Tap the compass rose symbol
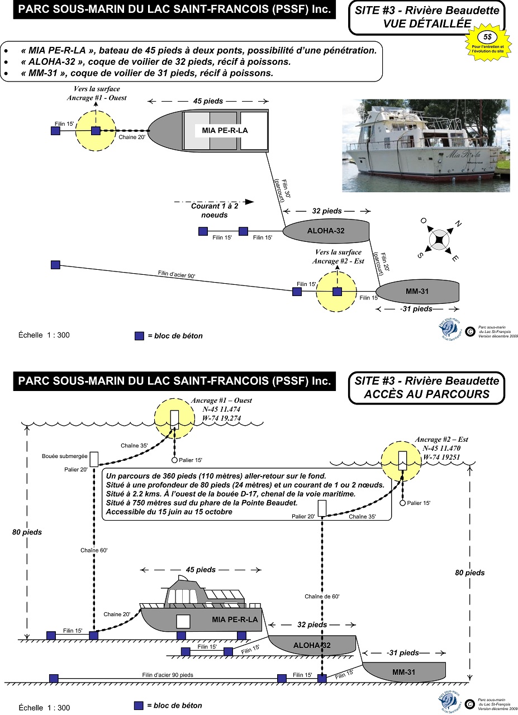(439, 239)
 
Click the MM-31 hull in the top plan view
(418, 292)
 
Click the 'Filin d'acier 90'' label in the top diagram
(176, 274)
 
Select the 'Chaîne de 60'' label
(322, 597)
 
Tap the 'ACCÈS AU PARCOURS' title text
(427, 394)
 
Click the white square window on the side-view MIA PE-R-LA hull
(183, 622)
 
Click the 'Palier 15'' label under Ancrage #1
(191, 460)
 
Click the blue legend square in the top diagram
(139, 336)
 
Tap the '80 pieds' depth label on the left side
(27, 532)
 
